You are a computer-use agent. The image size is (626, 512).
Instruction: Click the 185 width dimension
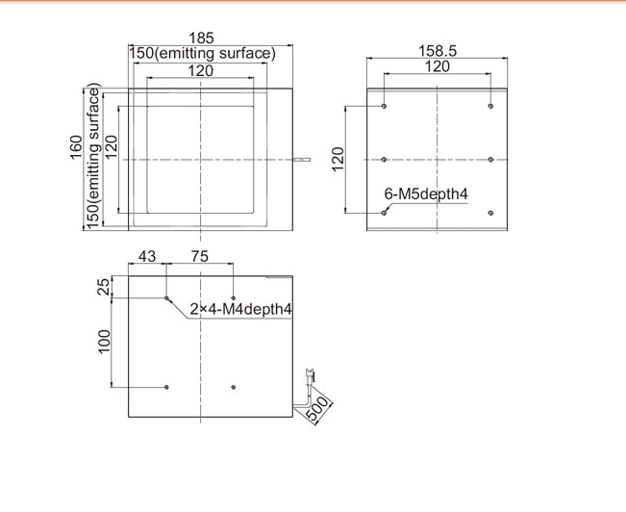[201, 38]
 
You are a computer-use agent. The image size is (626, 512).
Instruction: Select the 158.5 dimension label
[438, 51]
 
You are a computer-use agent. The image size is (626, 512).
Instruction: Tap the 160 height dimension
[76, 147]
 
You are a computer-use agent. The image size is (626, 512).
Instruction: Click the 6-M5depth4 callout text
[426, 193]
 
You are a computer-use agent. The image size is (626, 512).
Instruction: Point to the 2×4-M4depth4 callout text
[240, 309]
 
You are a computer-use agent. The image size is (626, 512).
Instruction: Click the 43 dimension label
[147, 256]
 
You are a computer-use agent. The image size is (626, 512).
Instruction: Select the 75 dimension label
[200, 256]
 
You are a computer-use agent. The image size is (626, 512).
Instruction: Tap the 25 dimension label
[104, 287]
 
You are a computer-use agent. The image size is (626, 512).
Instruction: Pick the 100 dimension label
[104, 342]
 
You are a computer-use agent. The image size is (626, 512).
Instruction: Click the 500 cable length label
[318, 408]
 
